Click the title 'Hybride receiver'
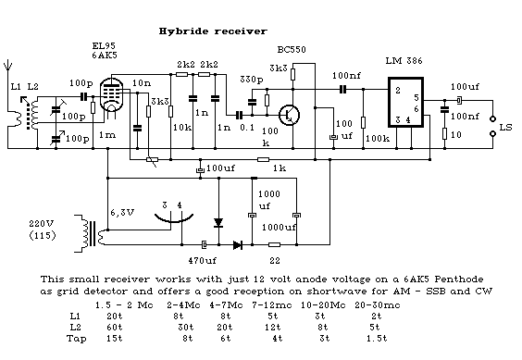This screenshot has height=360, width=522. pos(213,31)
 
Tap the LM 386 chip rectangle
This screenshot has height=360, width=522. pos(405,79)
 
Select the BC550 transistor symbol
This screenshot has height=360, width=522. pos(289,116)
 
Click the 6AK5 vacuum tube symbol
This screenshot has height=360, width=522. pos(111,94)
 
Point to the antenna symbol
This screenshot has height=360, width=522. pos(7,66)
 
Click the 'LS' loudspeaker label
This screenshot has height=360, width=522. pos(505,128)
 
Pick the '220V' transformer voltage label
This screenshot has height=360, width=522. pos(42,223)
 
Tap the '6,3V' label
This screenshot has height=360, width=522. pos(122,213)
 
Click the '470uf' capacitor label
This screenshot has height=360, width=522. pos(202,260)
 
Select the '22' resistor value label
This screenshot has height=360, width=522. pos(275,260)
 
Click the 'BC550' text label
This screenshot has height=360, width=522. pos(292,50)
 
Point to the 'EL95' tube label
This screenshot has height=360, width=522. pos(104,46)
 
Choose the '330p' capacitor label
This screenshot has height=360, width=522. pos(252,80)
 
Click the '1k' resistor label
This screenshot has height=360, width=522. pos(280,168)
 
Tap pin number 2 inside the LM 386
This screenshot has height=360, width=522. pos(397,91)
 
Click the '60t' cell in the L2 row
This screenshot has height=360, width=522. pos(115,327)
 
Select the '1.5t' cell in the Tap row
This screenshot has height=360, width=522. pos(377,339)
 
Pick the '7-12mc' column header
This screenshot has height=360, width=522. pos(272,305)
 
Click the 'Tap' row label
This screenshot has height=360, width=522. pos(76,339)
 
